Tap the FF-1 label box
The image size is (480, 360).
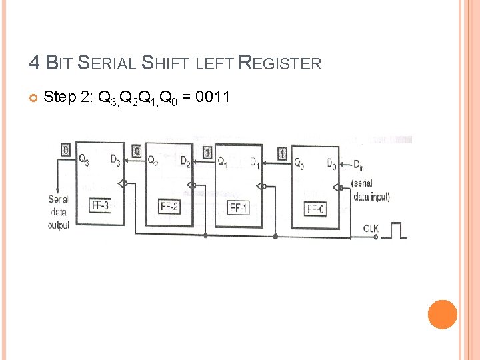tap(239, 207)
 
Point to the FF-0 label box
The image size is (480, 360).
tap(316, 209)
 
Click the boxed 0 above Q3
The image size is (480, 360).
tap(65, 150)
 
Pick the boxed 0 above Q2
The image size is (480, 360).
tap(137, 151)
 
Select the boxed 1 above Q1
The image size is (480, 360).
tap(207, 153)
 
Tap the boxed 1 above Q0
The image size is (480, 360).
tap(283, 153)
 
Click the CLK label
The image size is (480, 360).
tap(371, 229)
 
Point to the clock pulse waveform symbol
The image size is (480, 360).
tap(397, 230)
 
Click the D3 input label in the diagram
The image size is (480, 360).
tap(115, 161)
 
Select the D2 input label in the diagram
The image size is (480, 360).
tap(185, 162)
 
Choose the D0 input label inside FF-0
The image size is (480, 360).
tap(331, 163)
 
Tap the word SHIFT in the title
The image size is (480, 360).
tap(167, 64)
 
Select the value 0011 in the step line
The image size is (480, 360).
tap(213, 97)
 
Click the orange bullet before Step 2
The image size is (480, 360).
tap(33, 99)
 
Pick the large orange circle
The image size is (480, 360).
tap(442, 315)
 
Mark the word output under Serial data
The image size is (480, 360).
tap(59, 225)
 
